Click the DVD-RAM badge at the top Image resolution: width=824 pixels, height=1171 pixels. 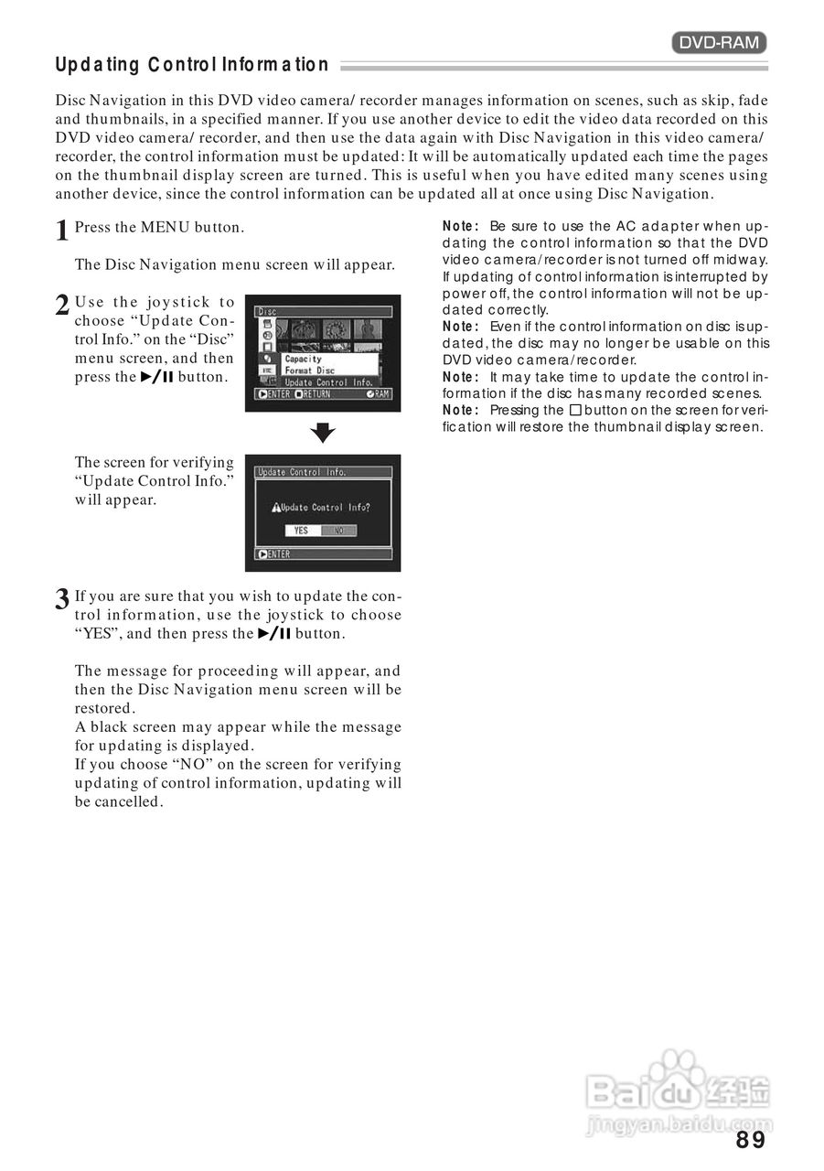719,42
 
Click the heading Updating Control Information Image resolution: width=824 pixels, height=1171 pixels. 192,65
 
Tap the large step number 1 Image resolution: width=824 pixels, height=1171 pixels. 62,231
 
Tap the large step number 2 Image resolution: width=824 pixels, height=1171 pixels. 62,306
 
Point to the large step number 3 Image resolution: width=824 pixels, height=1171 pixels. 62,600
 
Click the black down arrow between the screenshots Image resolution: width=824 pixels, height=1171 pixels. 323,434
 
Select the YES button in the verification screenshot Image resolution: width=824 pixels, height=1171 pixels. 302,531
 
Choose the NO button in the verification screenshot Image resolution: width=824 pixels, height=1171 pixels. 338,531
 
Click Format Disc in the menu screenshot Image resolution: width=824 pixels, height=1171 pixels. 310,371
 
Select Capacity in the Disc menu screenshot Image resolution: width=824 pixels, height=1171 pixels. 303,359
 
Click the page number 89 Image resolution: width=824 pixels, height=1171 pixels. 750,1140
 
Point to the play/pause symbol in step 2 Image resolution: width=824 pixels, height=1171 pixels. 156,377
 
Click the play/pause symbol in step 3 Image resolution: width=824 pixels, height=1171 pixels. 273,633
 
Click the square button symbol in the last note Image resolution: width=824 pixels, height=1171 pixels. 575,410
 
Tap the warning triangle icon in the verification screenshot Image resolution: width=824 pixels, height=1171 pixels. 275,508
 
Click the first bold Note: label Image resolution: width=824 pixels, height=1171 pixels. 461,226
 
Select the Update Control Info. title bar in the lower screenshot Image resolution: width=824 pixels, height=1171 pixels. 323,472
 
